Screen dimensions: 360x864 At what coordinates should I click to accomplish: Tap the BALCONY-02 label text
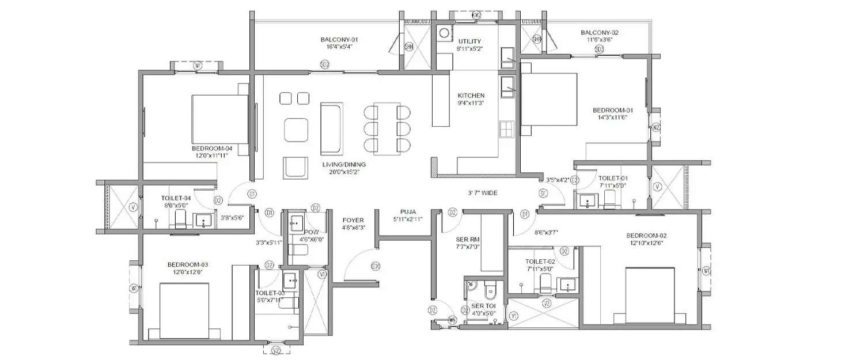(x=599, y=33)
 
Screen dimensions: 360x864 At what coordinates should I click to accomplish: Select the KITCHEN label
(x=471, y=96)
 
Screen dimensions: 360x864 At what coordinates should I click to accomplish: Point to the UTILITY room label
(x=470, y=41)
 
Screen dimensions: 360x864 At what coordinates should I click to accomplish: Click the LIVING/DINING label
(x=344, y=164)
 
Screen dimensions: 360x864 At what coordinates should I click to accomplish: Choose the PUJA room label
(x=408, y=211)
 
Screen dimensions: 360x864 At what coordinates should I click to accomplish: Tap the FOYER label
(x=352, y=220)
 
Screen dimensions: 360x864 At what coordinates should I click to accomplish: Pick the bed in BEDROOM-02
(x=649, y=294)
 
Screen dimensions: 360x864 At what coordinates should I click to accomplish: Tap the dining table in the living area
(x=386, y=128)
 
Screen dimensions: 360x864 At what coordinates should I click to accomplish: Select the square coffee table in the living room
(x=296, y=130)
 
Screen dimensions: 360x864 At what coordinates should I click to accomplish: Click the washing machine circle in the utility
(x=445, y=33)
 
